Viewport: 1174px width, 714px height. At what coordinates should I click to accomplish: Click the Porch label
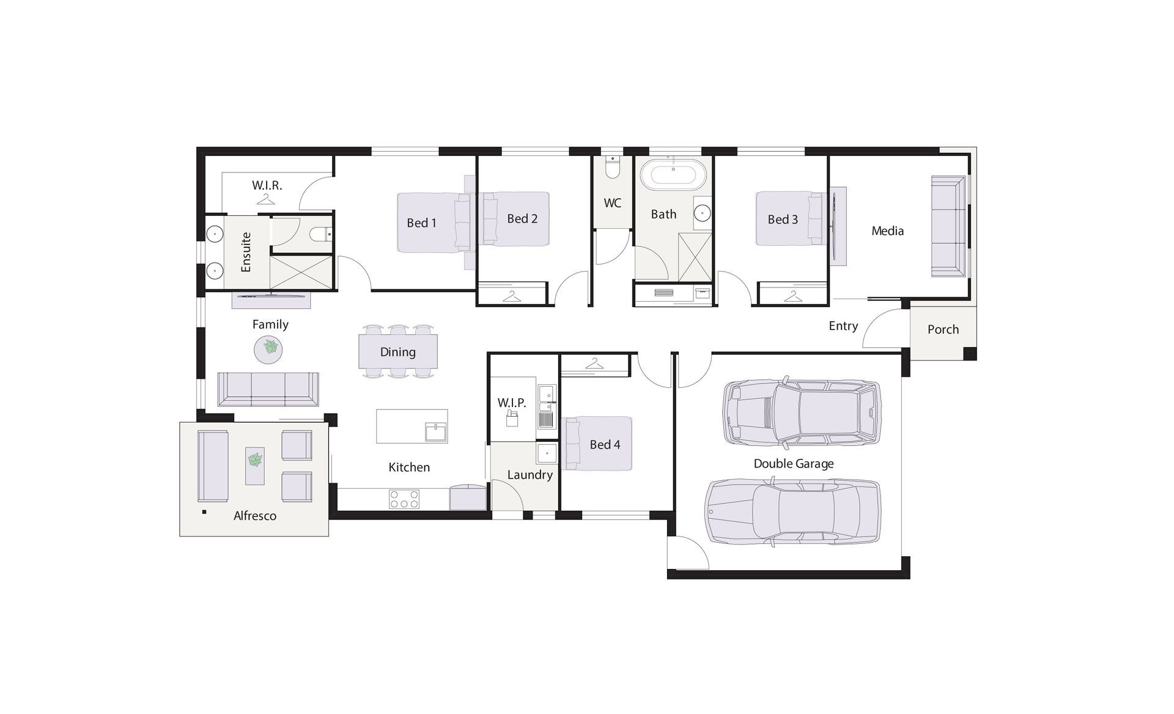[943, 329]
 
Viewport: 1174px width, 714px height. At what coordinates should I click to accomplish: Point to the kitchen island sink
[437, 432]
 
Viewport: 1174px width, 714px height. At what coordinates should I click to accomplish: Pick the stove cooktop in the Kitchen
[404, 499]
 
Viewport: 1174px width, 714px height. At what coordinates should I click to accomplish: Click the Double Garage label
[793, 464]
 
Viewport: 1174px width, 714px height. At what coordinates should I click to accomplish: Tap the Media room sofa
[948, 226]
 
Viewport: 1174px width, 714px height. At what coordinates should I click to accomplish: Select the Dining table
[397, 351]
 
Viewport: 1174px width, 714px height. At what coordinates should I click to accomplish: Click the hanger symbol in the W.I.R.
[265, 199]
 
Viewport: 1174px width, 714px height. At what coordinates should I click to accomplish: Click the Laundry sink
[546, 453]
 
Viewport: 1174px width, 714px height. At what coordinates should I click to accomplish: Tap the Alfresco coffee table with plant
[255, 466]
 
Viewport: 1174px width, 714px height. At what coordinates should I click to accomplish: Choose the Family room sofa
[268, 389]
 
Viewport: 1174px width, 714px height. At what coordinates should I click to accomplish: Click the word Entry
[843, 326]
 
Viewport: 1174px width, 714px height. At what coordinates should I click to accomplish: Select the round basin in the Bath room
[702, 214]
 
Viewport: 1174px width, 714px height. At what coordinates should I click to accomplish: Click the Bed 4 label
[605, 445]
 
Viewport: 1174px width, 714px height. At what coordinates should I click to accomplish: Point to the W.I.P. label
[511, 403]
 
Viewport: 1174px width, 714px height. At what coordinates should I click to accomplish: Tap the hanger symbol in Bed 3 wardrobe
[792, 297]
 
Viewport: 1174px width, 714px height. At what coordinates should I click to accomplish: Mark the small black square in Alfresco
[204, 511]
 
